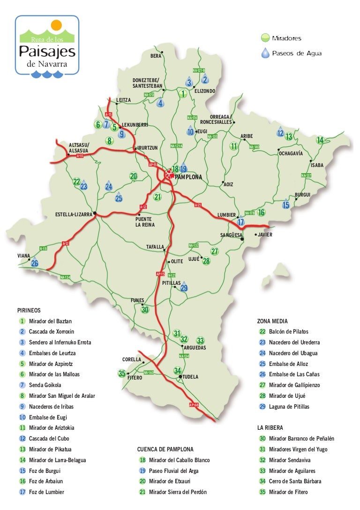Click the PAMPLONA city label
click(x=188, y=177)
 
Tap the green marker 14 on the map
click(x=320, y=140)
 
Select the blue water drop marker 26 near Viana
click(x=35, y=263)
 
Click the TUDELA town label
click(x=191, y=377)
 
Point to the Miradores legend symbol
click(x=265, y=38)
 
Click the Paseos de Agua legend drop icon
click(x=265, y=53)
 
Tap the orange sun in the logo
click(x=56, y=25)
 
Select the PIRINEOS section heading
click(x=29, y=310)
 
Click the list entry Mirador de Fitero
click(x=288, y=492)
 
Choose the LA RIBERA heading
click(x=270, y=428)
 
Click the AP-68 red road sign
click(x=194, y=404)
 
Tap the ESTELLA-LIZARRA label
click(x=74, y=215)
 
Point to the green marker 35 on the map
click(x=122, y=374)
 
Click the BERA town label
click(x=156, y=56)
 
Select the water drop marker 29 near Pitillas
click(x=184, y=288)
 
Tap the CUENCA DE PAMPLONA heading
click(x=165, y=449)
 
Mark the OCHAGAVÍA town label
click(x=291, y=153)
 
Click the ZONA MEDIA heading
click(x=272, y=321)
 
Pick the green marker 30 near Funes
click(x=145, y=310)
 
